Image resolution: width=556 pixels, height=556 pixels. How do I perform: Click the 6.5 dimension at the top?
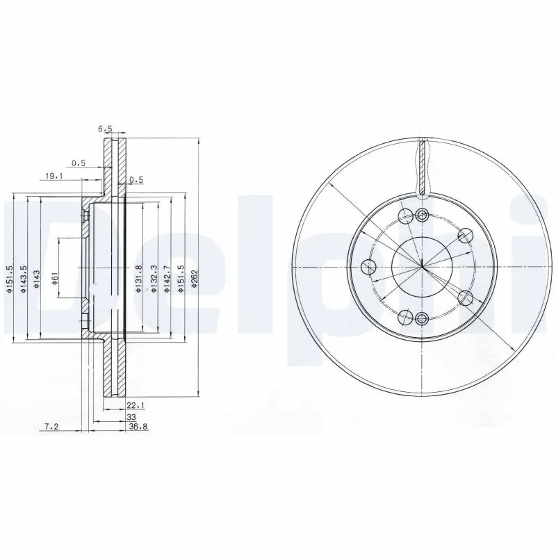105,129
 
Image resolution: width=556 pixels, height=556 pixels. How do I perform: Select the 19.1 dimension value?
55,177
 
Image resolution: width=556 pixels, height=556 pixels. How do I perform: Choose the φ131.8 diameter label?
139,278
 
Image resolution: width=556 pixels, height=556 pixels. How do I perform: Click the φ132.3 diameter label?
153,278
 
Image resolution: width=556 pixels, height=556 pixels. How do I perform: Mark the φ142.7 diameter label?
167,278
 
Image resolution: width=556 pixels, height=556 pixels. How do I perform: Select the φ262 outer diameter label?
195,278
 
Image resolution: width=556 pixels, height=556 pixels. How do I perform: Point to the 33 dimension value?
130,417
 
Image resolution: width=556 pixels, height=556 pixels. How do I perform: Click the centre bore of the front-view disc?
422,267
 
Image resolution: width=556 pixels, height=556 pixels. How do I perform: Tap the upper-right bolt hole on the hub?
465,235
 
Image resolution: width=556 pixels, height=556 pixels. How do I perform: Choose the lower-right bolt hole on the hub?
465,299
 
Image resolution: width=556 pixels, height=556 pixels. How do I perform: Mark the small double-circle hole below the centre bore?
422,319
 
